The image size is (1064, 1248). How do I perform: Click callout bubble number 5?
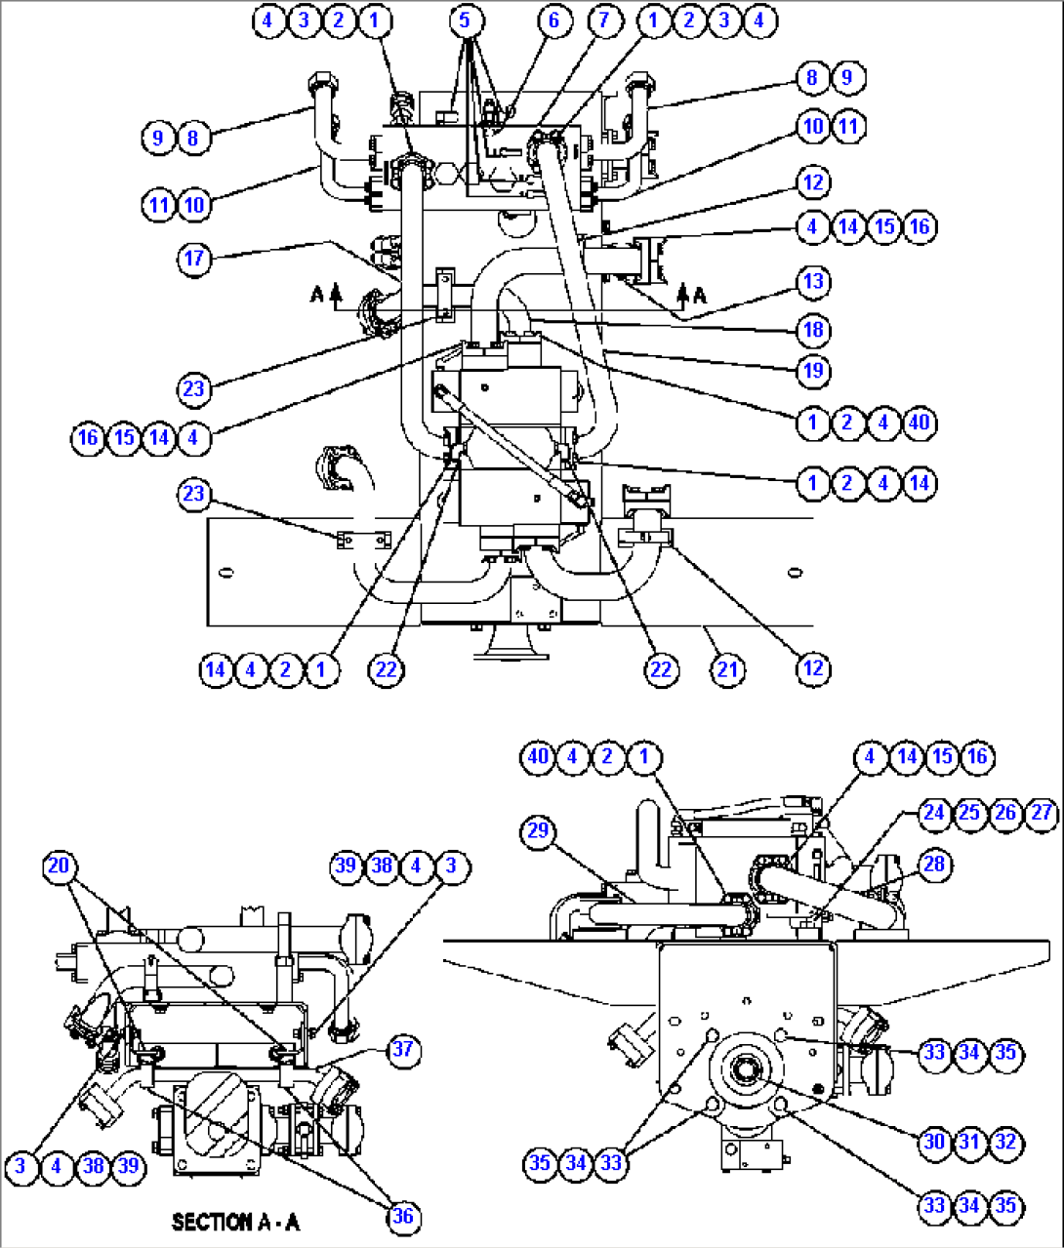[x=466, y=20]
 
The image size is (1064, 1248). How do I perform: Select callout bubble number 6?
[x=554, y=20]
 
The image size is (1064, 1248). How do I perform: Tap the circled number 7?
[x=604, y=20]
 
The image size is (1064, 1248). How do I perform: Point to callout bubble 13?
[x=812, y=282]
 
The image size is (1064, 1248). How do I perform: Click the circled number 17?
[x=194, y=258]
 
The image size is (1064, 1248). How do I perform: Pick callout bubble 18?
[x=812, y=330]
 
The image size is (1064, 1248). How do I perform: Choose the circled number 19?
[x=812, y=371]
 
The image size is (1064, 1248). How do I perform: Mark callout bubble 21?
[x=727, y=669]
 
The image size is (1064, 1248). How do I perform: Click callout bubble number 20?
[x=59, y=866]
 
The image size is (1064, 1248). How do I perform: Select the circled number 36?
[x=402, y=1216]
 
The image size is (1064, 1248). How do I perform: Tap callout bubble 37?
[x=402, y=1050]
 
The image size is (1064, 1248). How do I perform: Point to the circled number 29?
[x=538, y=831]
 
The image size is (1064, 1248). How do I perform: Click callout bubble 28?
[x=934, y=864]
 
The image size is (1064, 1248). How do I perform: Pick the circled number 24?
[x=934, y=813]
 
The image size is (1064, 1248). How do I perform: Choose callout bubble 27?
[x=1042, y=813]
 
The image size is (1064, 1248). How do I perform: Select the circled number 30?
[x=934, y=1141]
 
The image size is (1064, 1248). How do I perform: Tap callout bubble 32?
[x=1005, y=1141]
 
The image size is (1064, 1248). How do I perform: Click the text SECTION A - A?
[x=235, y=1222]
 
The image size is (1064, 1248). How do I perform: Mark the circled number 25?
[x=969, y=813]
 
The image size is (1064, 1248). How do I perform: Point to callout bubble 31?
[x=969, y=1141]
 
